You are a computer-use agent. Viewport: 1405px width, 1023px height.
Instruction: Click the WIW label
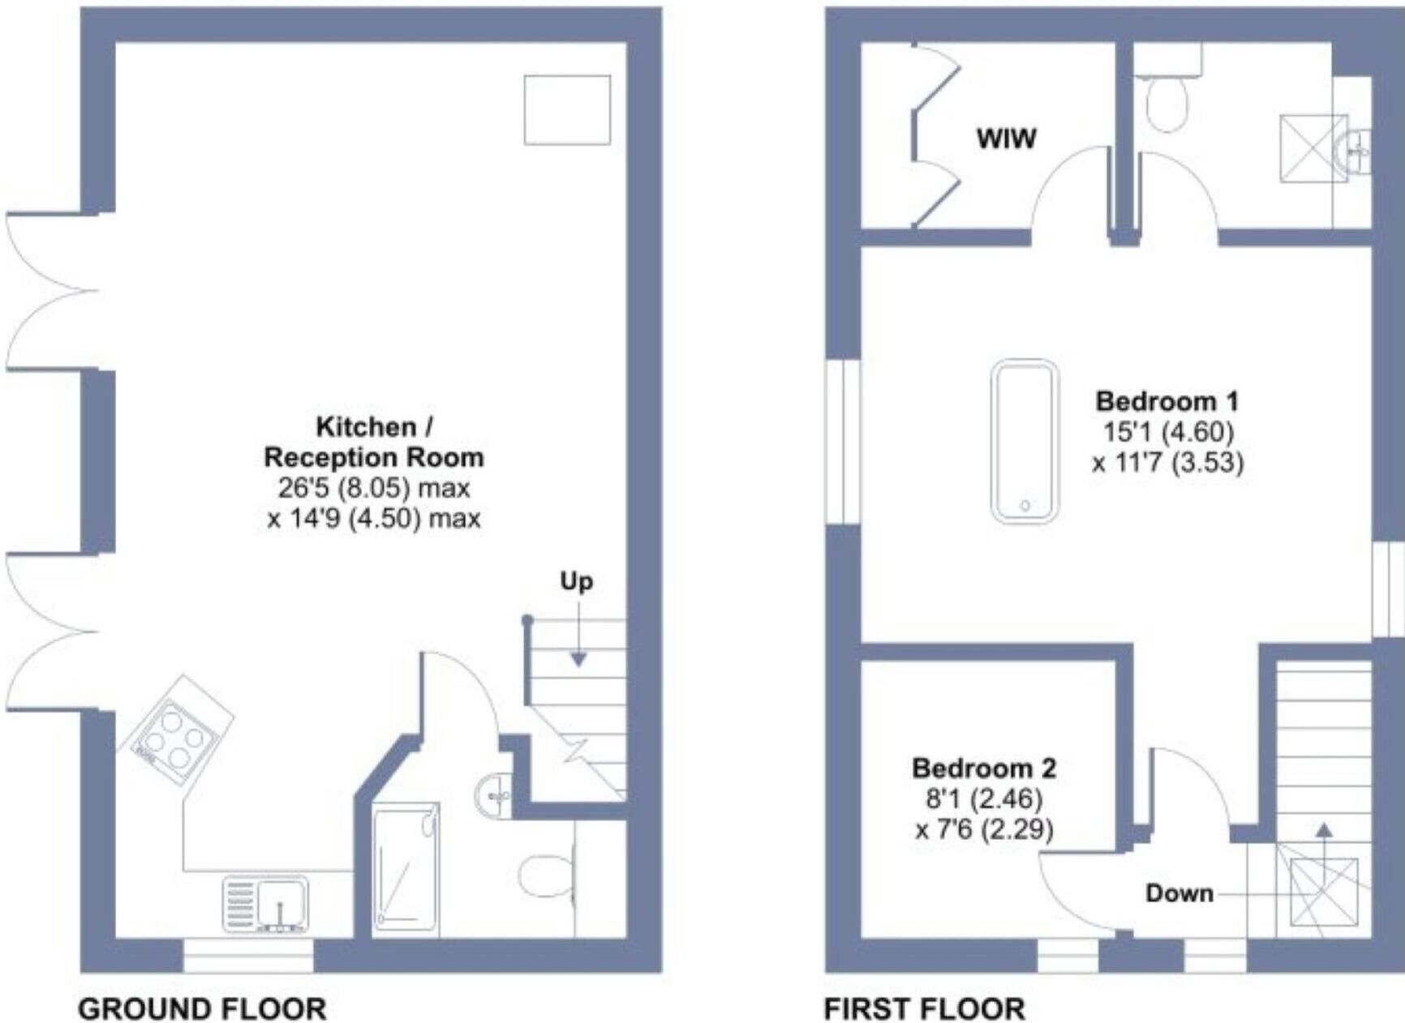[x=1006, y=139]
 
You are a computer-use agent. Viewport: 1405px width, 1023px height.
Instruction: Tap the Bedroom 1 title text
[x=1167, y=400]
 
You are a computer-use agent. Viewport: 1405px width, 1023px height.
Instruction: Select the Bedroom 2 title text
[x=984, y=768]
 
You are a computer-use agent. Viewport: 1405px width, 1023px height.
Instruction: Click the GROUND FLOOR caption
[x=202, y=1009]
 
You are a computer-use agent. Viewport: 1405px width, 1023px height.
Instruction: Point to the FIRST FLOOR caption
[x=925, y=1009]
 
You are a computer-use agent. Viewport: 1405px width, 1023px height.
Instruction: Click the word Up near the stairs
[x=576, y=581]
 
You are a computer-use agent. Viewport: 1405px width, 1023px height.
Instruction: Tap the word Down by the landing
[x=1179, y=893]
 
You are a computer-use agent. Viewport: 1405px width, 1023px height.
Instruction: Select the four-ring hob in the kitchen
[x=175, y=730]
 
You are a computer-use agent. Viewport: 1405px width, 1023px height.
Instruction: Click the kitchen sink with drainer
[x=266, y=903]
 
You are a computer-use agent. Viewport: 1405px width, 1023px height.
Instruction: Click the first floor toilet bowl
[x=1167, y=104]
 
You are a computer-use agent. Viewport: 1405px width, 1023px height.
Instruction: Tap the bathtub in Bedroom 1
[x=1025, y=441]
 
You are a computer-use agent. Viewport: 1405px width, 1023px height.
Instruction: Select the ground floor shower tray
[x=406, y=870]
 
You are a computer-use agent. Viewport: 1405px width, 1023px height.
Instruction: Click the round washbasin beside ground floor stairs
[x=493, y=795]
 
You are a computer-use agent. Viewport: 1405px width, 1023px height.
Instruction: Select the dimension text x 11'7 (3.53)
[x=1167, y=462]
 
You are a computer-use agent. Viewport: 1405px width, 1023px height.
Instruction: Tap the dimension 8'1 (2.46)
[x=984, y=798]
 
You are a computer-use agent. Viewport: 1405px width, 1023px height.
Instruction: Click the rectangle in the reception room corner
[x=567, y=110]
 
